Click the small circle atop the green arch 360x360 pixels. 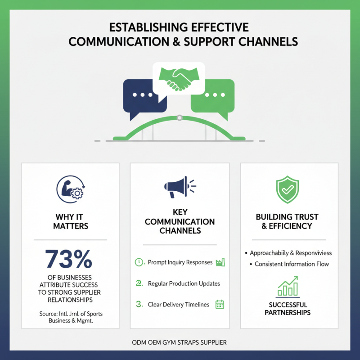[180, 118]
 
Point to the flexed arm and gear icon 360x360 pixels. [71, 189]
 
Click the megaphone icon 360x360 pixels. [180, 187]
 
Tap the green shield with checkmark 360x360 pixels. [288, 189]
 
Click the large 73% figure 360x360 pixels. [69, 259]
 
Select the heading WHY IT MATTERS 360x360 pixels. [71, 221]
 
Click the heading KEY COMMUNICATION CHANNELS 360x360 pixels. [180, 221]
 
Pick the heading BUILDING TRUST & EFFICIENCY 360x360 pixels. [287, 221]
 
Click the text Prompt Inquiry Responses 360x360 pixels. [180, 262]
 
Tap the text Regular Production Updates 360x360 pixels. [184, 283]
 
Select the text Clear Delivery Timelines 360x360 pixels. [179, 305]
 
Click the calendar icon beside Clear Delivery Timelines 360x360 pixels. [220, 305]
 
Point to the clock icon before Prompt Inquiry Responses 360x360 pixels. [139, 262]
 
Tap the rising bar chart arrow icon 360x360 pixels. [288, 286]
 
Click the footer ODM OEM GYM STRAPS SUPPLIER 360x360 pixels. [179, 342]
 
